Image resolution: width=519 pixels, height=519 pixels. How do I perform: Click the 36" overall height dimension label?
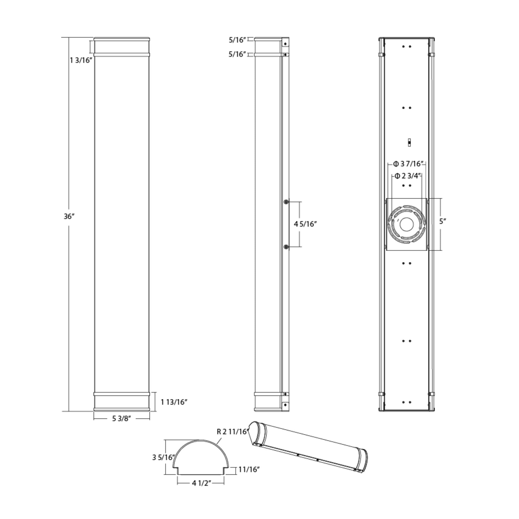click(x=69, y=216)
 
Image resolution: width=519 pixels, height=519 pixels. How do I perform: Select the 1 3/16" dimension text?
click(x=81, y=60)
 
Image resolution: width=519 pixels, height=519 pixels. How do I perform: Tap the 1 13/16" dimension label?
click(x=174, y=402)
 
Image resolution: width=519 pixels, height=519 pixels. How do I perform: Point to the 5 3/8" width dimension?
click(x=121, y=419)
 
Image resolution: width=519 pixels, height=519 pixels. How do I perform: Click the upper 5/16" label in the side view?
click(x=237, y=40)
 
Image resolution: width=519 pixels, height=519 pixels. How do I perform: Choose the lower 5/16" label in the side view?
click(x=237, y=54)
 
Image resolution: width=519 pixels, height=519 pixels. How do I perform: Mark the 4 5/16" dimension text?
click(x=305, y=224)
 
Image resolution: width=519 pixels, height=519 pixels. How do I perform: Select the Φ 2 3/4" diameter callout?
click(x=407, y=176)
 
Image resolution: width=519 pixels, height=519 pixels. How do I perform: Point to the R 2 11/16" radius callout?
click(x=232, y=432)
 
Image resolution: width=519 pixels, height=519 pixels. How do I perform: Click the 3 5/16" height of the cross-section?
click(x=163, y=457)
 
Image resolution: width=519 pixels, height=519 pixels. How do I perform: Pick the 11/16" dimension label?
click(x=249, y=470)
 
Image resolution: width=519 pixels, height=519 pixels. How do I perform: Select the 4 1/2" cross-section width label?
click(x=201, y=483)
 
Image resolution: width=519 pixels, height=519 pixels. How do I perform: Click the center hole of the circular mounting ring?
click(x=407, y=224)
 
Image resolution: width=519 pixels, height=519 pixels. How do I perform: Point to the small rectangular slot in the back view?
click(x=409, y=142)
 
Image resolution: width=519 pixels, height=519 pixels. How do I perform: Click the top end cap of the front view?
click(x=122, y=39)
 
